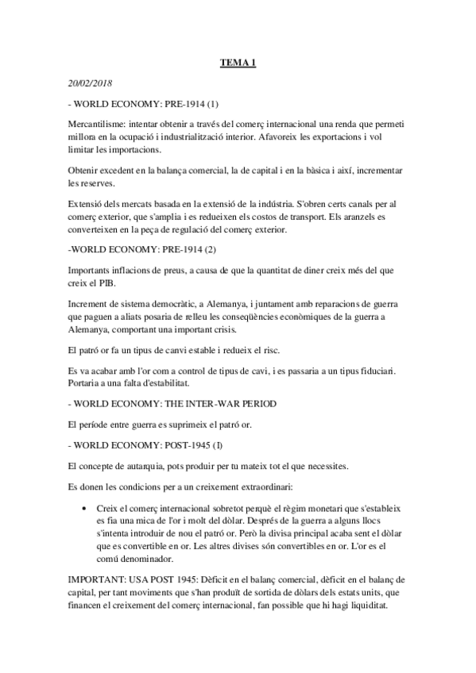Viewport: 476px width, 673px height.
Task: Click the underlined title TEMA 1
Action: tap(238, 64)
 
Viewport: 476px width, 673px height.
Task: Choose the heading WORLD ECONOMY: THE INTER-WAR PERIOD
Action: tap(176, 404)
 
